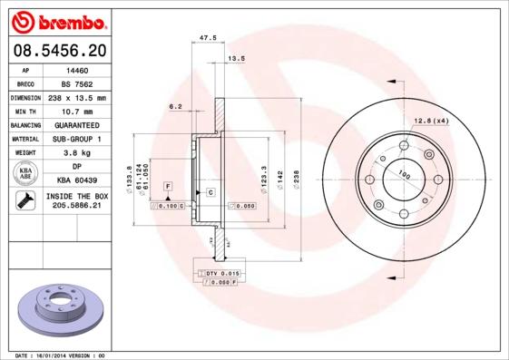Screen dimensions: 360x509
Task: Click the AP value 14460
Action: (x=76, y=69)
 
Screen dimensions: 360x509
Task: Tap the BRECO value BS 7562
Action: (x=76, y=83)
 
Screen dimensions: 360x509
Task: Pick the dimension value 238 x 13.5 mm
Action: (x=76, y=97)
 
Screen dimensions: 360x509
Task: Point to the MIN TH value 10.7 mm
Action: (x=76, y=111)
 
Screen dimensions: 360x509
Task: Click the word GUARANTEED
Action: (x=76, y=124)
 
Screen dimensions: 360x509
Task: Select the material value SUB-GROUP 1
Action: (x=76, y=139)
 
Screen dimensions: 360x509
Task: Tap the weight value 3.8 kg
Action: (x=76, y=153)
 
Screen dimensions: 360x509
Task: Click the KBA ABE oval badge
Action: (x=25, y=174)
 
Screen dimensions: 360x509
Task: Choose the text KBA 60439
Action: (x=76, y=181)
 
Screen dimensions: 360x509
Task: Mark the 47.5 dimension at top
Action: (x=207, y=38)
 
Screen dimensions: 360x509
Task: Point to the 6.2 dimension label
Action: (x=175, y=106)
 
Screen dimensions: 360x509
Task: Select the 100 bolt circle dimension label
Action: (x=404, y=175)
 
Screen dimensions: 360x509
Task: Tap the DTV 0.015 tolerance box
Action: (x=220, y=273)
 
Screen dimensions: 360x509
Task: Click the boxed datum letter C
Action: (x=210, y=193)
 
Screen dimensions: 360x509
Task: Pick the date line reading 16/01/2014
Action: (x=61, y=355)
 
